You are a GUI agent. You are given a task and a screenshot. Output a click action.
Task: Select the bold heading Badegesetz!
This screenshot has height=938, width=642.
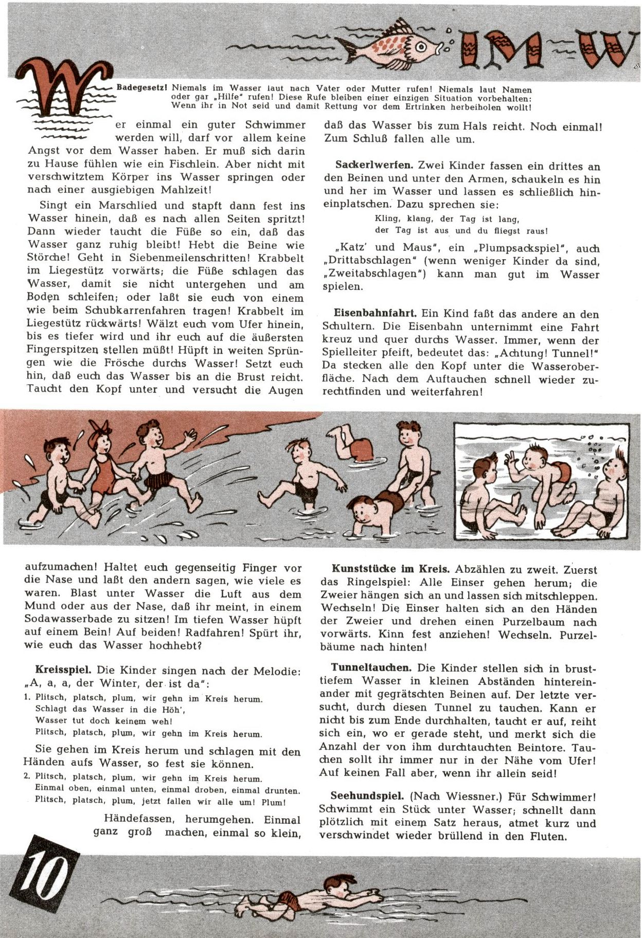tap(142, 89)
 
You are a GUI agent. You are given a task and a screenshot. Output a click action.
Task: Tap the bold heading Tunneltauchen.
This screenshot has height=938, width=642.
tap(371, 668)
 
